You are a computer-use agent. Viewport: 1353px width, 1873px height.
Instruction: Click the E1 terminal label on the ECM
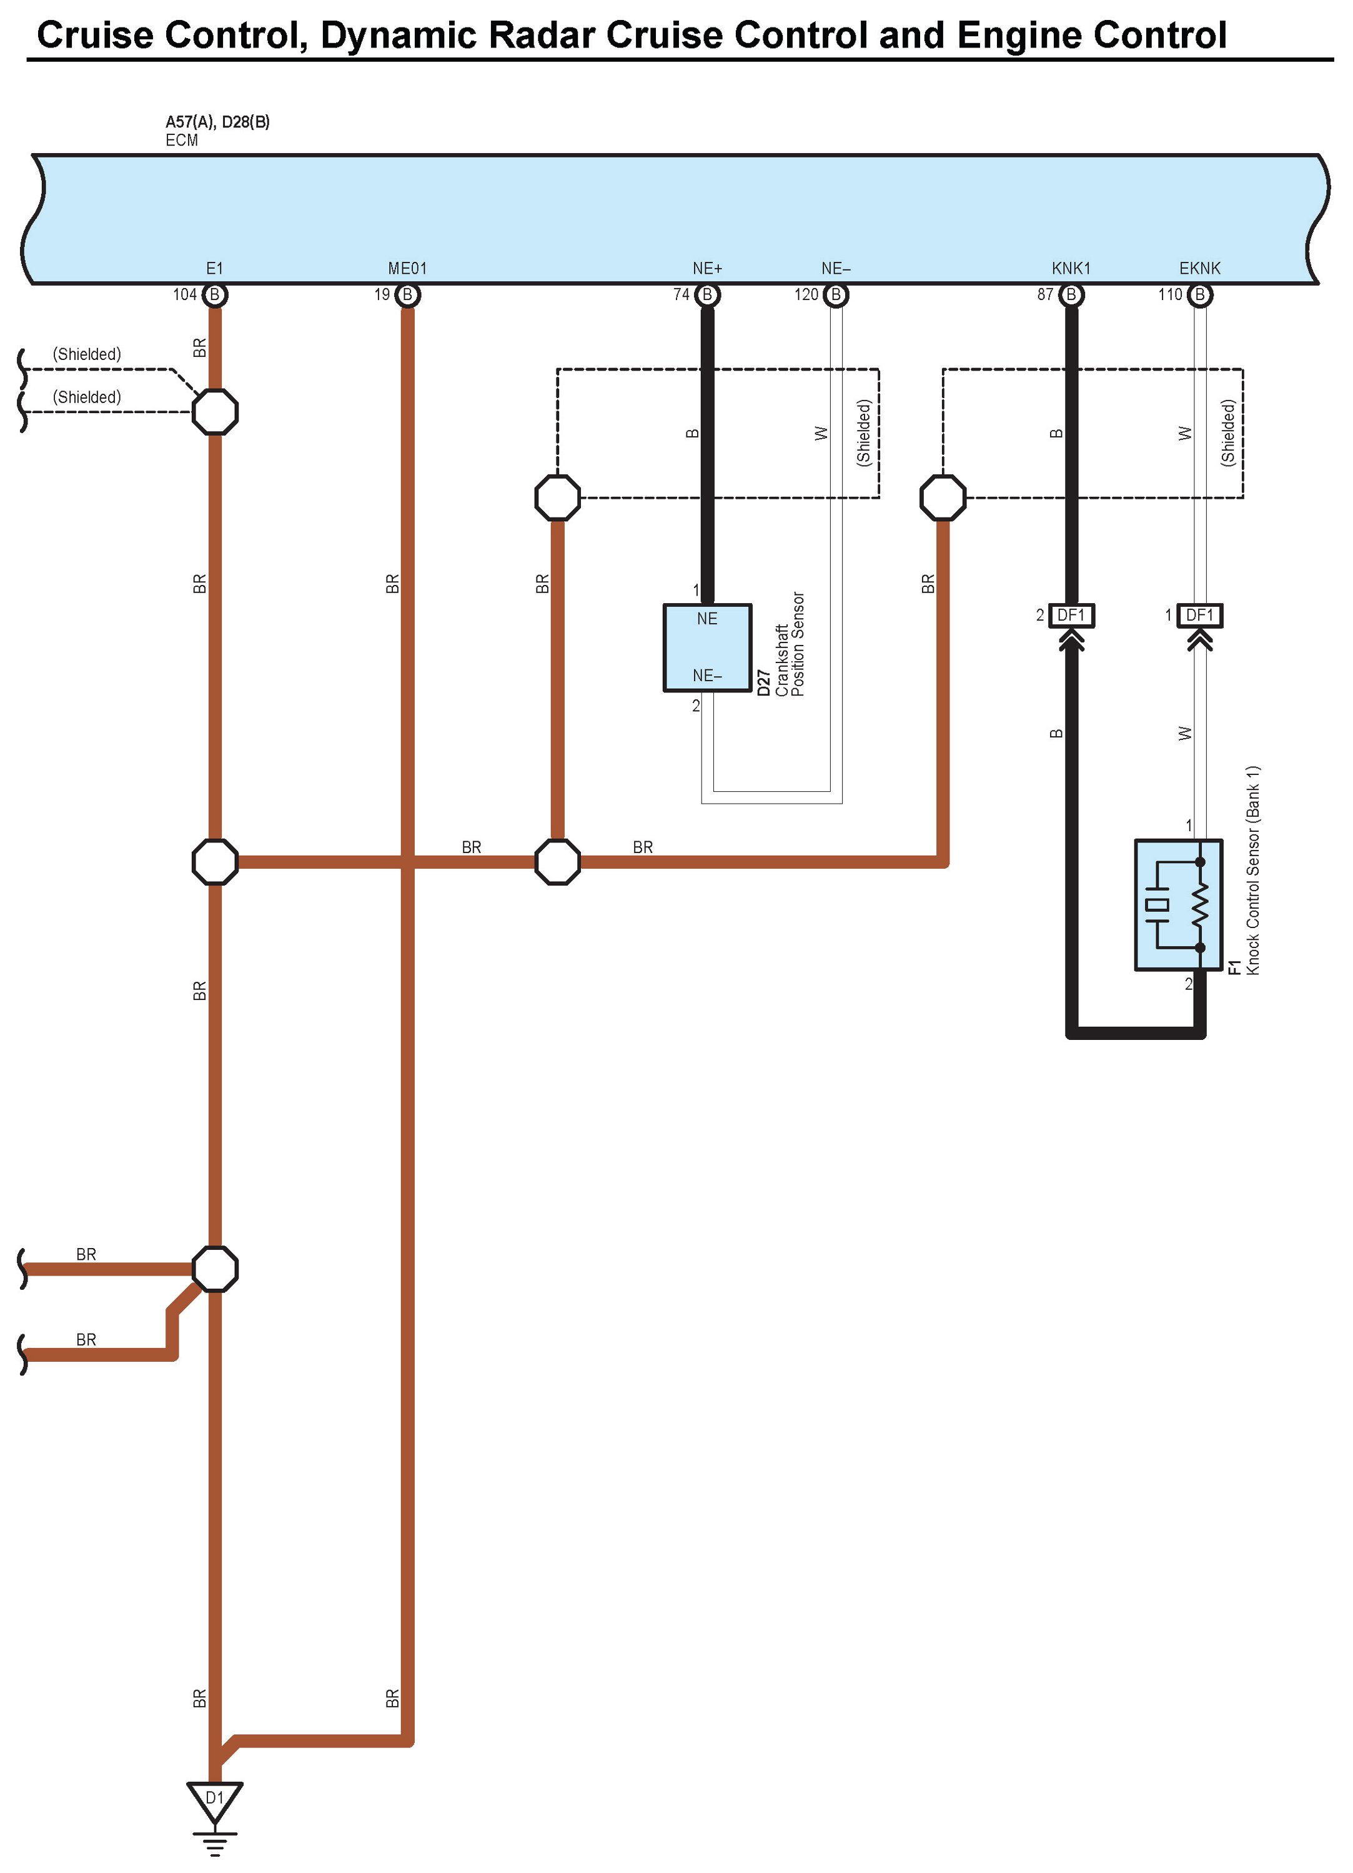click(215, 268)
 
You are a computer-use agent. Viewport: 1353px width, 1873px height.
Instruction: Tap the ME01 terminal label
click(407, 268)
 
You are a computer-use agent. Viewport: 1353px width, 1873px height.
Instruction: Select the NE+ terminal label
click(708, 268)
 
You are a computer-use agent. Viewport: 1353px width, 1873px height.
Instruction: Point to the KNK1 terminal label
click(1071, 268)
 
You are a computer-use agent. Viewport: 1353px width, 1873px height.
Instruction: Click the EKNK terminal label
click(1199, 268)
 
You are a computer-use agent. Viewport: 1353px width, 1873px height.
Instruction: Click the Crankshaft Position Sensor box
click(708, 647)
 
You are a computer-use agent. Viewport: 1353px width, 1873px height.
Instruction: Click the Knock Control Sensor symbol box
click(1178, 905)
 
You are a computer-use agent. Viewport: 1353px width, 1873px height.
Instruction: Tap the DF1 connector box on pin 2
click(1071, 615)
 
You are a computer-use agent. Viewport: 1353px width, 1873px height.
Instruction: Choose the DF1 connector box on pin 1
click(1199, 615)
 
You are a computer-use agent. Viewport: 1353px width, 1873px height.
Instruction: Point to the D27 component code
click(763, 683)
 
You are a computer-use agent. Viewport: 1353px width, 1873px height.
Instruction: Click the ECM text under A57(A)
click(182, 141)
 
